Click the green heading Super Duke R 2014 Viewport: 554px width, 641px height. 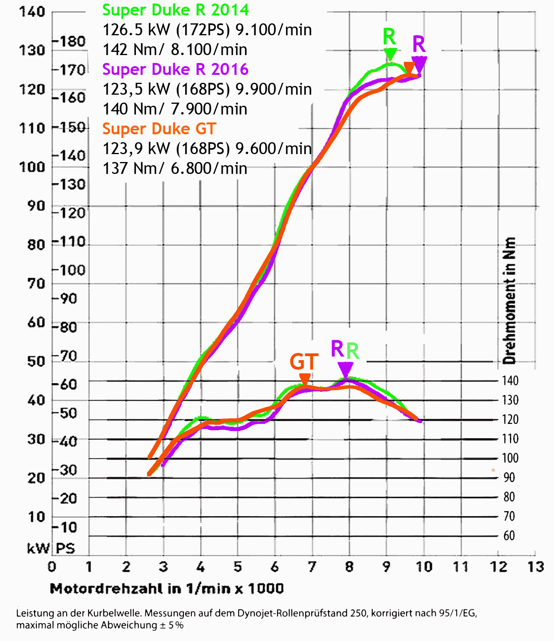pos(176,10)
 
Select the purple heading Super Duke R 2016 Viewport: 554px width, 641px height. pos(175,70)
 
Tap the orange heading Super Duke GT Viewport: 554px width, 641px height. pos(159,129)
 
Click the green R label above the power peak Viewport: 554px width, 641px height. pos(389,37)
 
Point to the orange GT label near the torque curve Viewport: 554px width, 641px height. pos(304,361)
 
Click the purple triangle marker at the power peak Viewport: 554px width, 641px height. pos(419,64)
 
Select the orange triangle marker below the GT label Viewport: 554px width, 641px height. pos(305,378)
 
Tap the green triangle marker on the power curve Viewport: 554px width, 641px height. pos(390,53)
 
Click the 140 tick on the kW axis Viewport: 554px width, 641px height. pos(32,11)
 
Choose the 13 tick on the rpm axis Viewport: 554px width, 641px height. pos(535,567)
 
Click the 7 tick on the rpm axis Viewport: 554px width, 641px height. pos(312,567)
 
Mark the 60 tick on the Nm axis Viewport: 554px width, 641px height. pos(509,536)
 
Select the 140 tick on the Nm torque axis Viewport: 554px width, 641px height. pos(510,381)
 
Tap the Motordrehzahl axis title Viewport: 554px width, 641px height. pos(167,589)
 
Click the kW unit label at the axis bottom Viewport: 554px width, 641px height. pos(38,548)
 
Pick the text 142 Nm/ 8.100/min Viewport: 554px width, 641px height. pos(175,50)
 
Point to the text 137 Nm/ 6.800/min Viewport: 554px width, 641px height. pos(175,169)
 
